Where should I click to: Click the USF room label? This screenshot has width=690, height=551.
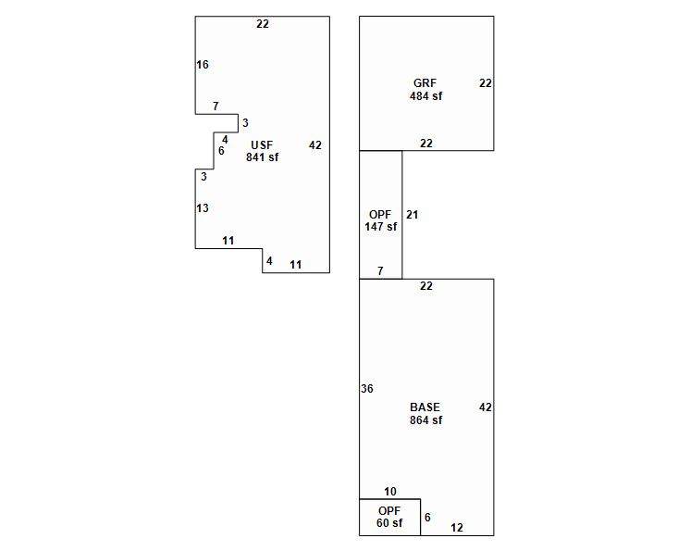[x=262, y=145]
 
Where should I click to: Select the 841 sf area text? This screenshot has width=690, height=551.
[x=262, y=157]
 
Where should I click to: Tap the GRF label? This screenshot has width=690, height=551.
[x=425, y=83]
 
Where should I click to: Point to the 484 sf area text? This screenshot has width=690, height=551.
[x=425, y=96]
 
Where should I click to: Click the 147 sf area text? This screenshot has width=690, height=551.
[x=380, y=227]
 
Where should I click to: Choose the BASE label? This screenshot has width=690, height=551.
[x=425, y=407]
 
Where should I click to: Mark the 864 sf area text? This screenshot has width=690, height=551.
[x=425, y=420]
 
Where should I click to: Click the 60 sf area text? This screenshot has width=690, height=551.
[x=389, y=523]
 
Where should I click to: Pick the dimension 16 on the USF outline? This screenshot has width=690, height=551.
[x=203, y=65]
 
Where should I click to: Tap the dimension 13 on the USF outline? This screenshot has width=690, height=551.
[x=203, y=208]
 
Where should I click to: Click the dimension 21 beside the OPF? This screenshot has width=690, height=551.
[x=413, y=215]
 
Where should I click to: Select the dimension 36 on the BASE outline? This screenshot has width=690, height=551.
[x=367, y=389]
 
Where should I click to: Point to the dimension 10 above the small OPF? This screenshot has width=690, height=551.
[x=390, y=492]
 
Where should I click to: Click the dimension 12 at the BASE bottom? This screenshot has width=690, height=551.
[x=457, y=528]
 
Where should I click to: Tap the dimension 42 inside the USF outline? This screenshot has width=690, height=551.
[x=315, y=145]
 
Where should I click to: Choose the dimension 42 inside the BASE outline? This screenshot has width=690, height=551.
[x=486, y=407]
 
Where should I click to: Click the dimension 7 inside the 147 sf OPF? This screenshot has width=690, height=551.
[x=380, y=271]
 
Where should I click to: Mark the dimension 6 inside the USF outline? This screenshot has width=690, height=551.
[x=221, y=151]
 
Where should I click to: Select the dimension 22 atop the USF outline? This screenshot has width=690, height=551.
[x=263, y=24]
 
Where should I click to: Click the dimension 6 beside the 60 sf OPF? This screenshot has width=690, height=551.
[x=427, y=518]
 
